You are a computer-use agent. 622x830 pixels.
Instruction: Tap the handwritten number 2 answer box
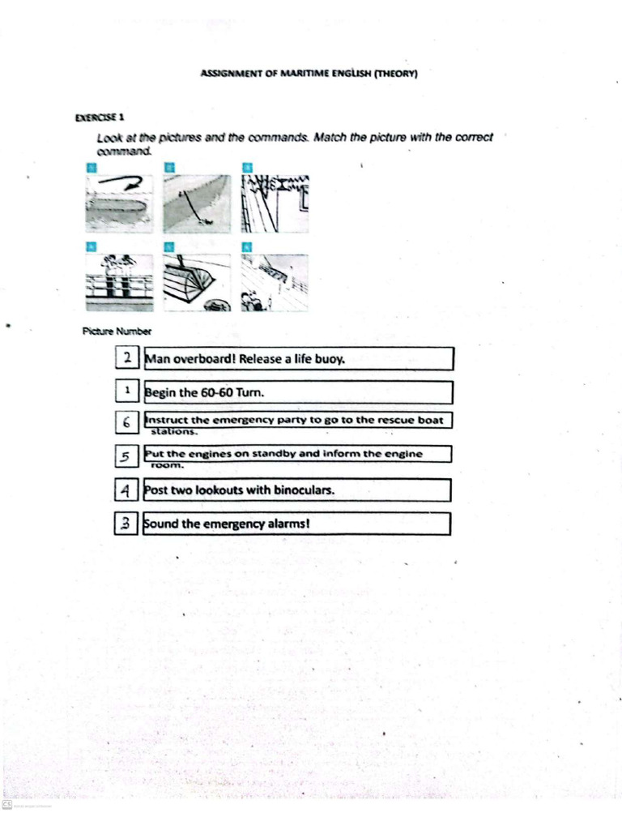point(128,358)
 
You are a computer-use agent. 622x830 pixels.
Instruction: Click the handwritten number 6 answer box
point(127,422)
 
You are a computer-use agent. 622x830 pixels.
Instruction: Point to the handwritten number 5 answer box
point(126,457)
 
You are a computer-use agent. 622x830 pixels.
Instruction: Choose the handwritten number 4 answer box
point(126,490)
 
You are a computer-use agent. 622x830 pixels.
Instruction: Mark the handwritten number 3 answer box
point(126,524)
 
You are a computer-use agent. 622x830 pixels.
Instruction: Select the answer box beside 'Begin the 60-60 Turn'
point(127,391)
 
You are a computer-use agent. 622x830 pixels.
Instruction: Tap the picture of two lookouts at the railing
point(119,282)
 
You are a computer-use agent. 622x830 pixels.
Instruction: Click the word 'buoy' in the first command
point(330,359)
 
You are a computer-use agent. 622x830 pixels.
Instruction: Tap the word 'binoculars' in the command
point(305,490)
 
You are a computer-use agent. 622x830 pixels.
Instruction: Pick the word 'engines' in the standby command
point(205,454)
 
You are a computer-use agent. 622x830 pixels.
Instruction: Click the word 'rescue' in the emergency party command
point(393,420)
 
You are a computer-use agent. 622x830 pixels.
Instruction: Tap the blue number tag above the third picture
point(247,167)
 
